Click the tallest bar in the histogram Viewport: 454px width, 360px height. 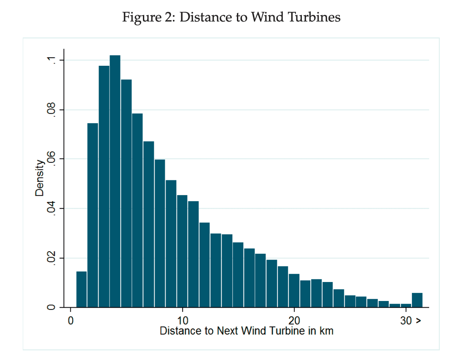[115, 181]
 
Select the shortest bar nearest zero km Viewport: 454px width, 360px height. [81, 290]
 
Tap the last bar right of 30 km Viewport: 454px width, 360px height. [417, 300]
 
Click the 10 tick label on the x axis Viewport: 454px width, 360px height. [182, 319]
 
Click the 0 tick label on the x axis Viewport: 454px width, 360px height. [71, 319]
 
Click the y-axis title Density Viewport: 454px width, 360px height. [40, 177]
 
